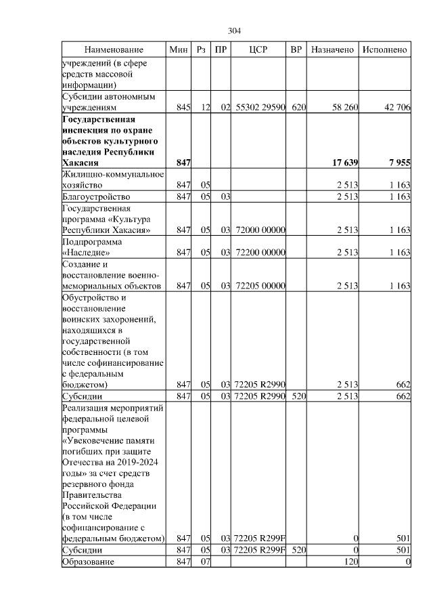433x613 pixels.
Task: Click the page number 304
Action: coord(235,31)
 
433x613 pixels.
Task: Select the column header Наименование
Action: coord(114,50)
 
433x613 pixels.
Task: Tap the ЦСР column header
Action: coord(259,50)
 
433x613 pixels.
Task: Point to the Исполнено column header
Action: coord(385,50)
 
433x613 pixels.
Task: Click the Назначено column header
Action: coord(332,50)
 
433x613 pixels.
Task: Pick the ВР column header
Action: coord(296,50)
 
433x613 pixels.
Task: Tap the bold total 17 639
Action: coord(344,163)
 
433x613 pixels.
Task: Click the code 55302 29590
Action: coord(260,107)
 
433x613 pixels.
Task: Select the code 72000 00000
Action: coord(260,230)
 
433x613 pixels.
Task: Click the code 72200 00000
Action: coord(260,253)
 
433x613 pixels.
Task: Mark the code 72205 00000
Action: coord(260,287)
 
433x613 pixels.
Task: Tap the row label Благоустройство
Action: coord(95,196)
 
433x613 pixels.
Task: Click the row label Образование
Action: coord(89,562)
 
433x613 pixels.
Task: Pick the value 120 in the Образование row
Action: coord(350,562)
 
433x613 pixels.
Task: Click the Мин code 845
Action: coord(183,107)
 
